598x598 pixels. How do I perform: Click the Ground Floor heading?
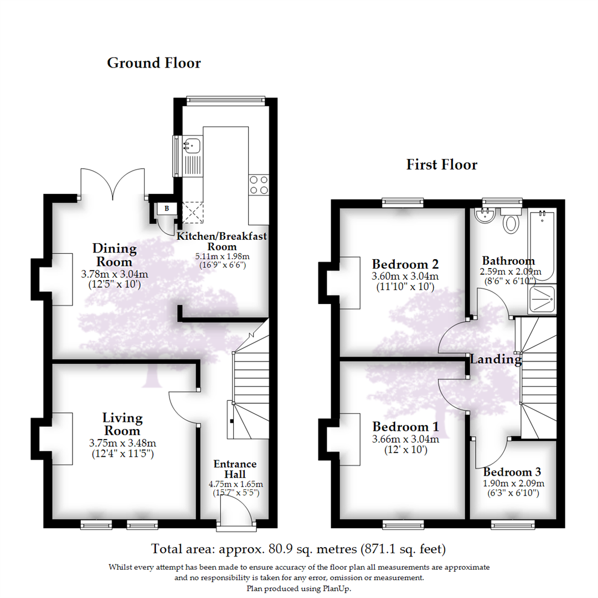click(153, 63)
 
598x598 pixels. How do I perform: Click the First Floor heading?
click(441, 164)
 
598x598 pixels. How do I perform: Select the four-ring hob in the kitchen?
click(259, 184)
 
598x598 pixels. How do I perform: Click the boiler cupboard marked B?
click(166, 208)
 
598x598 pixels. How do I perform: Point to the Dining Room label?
click(115, 255)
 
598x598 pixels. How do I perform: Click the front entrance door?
click(235, 509)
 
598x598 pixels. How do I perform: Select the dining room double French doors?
click(114, 184)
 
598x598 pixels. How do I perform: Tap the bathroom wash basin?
click(484, 215)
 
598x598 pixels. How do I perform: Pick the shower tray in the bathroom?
click(542, 300)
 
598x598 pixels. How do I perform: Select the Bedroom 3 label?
click(512, 472)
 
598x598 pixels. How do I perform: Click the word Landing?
click(496, 360)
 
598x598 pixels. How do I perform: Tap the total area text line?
click(299, 549)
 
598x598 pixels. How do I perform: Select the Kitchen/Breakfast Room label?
click(221, 241)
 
